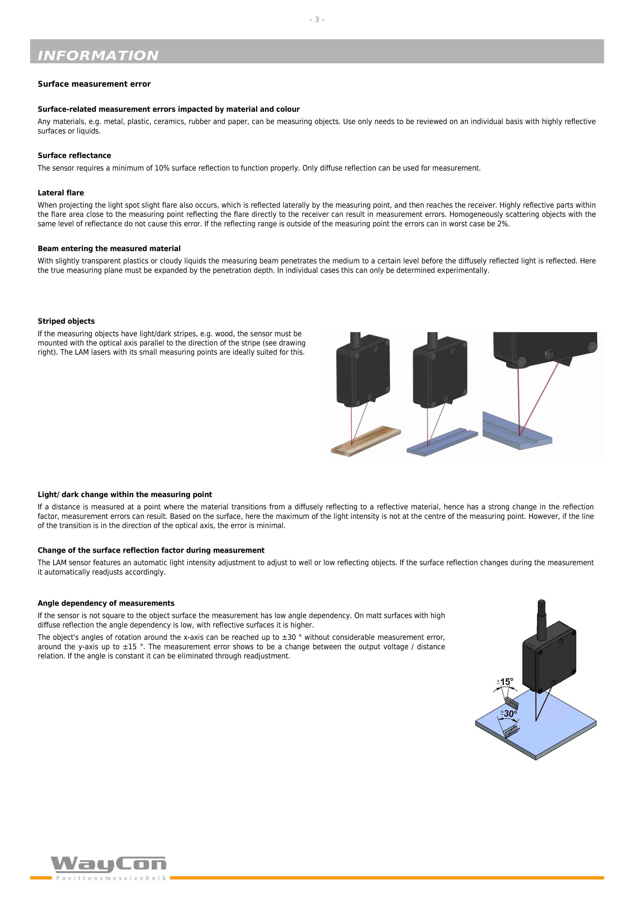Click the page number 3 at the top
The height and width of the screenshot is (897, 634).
pyautogui.click(x=317, y=19)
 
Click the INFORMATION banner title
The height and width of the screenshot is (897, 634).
pyautogui.click(x=98, y=55)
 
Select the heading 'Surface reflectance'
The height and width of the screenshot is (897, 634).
pyautogui.click(x=74, y=155)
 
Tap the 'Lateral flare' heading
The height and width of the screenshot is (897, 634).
pyautogui.click(x=61, y=193)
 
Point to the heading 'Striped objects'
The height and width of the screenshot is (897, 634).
pyautogui.click(x=66, y=321)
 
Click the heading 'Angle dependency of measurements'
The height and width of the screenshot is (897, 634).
pyautogui.click(x=106, y=603)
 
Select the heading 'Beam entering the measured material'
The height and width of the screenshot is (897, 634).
pyautogui.click(x=109, y=249)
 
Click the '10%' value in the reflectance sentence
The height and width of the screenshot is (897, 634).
pyautogui.click(x=162, y=168)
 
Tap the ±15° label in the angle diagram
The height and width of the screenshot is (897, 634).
pyautogui.click(x=505, y=682)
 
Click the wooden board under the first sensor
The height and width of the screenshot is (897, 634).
pyautogui.click(x=366, y=441)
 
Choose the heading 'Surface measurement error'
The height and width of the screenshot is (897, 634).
pyautogui.click(x=94, y=84)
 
